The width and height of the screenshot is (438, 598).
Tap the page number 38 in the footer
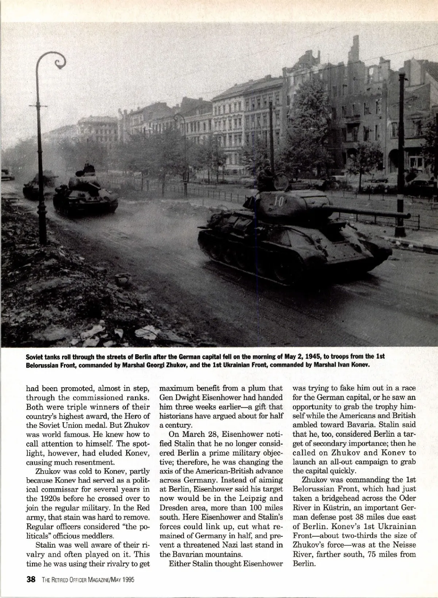pos(31,579)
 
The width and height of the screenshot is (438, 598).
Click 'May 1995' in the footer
pos(121,579)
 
